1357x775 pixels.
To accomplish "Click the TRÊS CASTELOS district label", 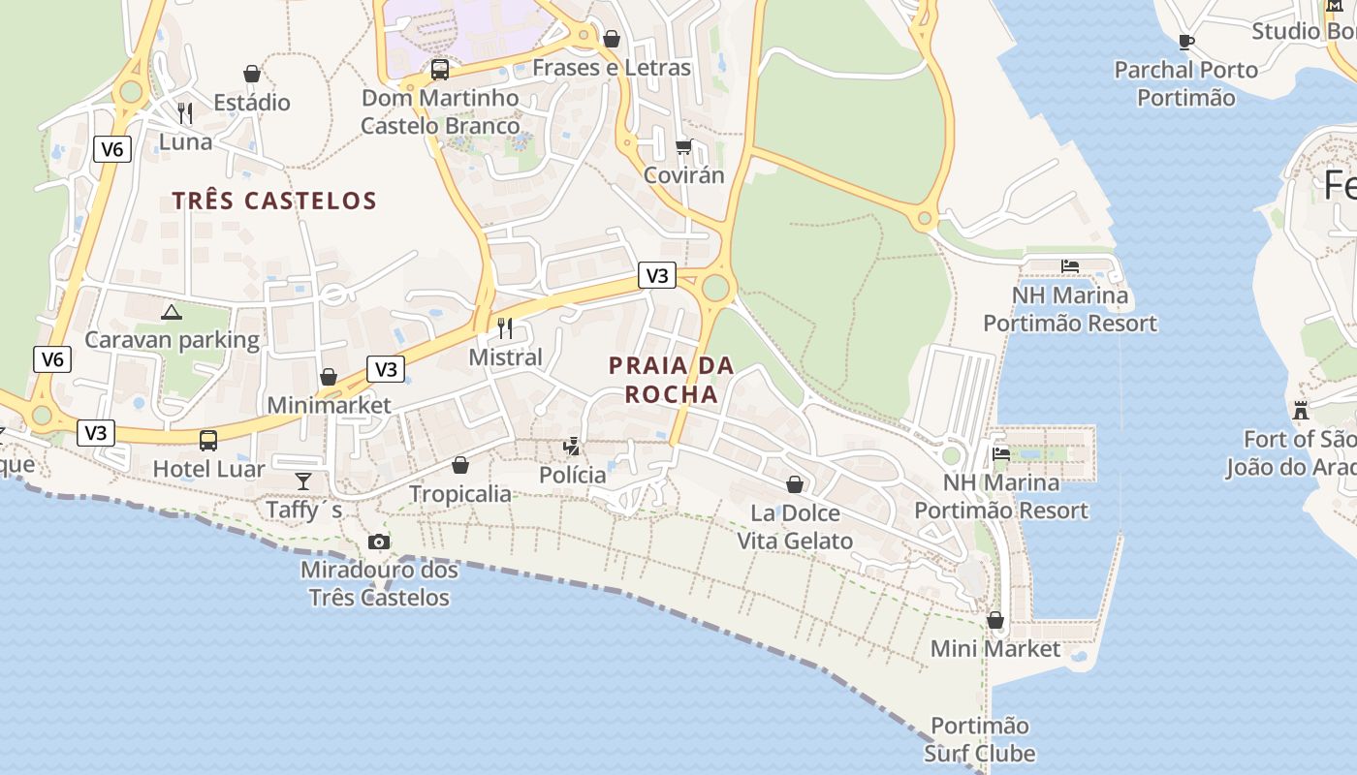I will click(274, 201).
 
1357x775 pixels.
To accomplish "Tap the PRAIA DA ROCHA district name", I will click(672, 380).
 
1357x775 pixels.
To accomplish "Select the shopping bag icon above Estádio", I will click(252, 74).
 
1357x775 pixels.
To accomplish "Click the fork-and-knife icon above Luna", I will click(185, 113).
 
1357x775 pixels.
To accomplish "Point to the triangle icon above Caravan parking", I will click(172, 312).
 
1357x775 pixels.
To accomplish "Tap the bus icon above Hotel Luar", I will click(208, 441).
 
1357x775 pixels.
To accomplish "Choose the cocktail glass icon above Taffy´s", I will click(303, 481).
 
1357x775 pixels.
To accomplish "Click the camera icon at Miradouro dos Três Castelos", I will click(379, 542).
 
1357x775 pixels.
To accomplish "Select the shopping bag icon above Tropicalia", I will click(460, 465).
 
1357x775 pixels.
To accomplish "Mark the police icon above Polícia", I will click(573, 447).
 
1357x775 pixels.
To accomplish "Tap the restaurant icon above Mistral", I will click(505, 328).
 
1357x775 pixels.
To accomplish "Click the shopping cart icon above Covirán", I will click(684, 147).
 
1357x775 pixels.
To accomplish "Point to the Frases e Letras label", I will click(612, 68).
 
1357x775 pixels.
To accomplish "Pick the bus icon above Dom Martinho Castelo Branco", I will click(440, 70).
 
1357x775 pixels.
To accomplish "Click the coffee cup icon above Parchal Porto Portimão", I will click(1185, 42).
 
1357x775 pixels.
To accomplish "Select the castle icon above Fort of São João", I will click(1301, 410).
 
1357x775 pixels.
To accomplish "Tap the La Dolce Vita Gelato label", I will click(795, 526).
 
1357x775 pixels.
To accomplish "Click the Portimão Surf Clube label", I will click(980, 739).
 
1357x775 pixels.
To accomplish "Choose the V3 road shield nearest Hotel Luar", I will click(96, 432).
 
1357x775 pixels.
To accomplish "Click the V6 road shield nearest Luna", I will click(112, 149).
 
